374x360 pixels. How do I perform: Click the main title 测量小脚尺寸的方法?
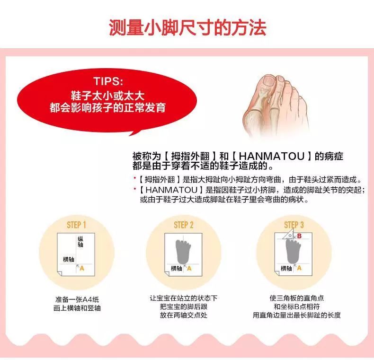187,27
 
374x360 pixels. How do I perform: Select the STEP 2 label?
184,225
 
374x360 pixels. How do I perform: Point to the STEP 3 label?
294,225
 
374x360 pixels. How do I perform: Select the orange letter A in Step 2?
189,268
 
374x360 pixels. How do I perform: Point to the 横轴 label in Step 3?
286,268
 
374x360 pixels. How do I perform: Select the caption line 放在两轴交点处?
184,315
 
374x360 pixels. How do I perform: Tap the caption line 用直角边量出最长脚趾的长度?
296,315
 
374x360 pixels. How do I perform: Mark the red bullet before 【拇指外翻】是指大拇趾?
134,180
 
